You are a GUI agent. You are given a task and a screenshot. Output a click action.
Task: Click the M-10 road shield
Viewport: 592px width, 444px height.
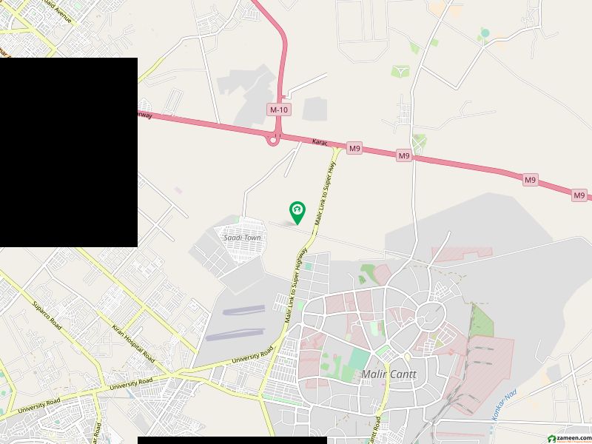point(278,110)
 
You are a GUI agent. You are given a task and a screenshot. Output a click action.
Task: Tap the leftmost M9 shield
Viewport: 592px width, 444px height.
point(355,149)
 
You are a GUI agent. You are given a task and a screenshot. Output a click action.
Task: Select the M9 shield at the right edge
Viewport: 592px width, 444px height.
point(579,195)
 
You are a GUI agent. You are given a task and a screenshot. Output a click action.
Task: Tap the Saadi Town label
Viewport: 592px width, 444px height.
point(243,238)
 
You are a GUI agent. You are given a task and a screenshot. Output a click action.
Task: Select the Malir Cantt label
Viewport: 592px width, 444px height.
point(388,374)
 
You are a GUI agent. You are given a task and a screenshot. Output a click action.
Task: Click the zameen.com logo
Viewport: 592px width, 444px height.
point(565,437)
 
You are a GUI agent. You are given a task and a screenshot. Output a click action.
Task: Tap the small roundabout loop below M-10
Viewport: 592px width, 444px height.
point(274,138)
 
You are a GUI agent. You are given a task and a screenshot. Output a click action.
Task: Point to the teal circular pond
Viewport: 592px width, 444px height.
point(485,33)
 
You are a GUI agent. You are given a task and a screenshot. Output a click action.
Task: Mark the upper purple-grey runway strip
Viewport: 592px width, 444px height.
point(243,311)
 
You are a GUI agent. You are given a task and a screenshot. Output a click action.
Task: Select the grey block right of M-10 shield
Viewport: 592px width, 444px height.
point(314,109)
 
